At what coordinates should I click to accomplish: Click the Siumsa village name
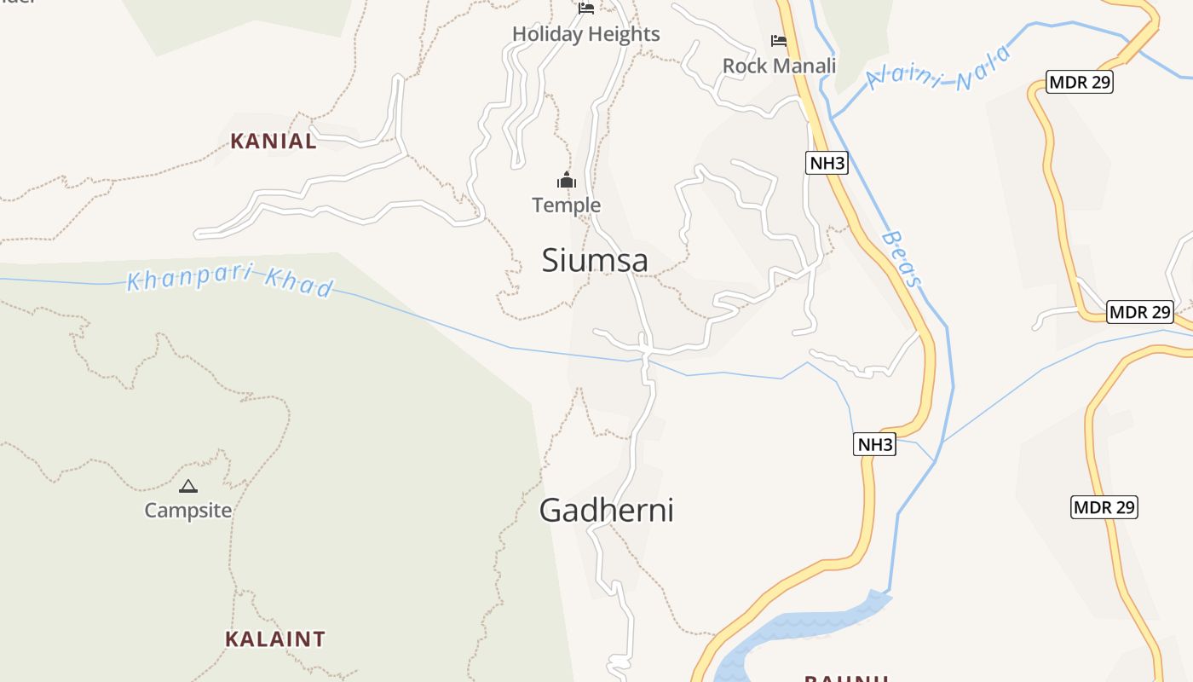[595, 260]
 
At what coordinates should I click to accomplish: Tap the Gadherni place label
[606, 510]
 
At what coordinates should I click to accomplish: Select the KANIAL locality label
[274, 142]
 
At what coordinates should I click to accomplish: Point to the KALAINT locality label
[275, 639]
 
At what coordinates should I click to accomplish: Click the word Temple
[567, 205]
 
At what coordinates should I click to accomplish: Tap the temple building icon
[567, 180]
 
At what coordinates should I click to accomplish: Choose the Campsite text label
[187, 510]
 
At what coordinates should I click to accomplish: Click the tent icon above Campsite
[187, 487]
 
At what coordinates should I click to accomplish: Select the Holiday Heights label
[586, 34]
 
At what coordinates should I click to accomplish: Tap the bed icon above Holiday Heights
[586, 9]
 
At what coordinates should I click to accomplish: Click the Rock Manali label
[779, 66]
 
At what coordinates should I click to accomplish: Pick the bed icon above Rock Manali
[779, 40]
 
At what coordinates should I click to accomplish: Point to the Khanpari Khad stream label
[229, 282]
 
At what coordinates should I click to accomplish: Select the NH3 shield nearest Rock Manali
[827, 163]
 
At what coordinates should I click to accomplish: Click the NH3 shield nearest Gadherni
[875, 444]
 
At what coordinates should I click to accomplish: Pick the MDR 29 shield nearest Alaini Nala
[1080, 83]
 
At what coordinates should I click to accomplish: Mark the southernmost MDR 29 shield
[1104, 507]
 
